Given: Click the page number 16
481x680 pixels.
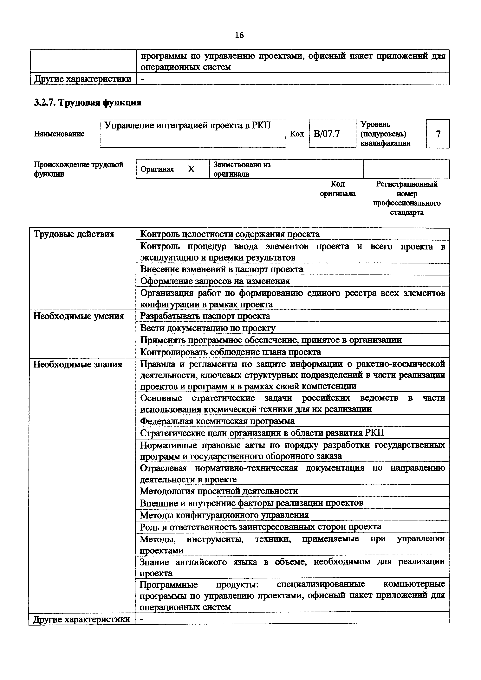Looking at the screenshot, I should pyautogui.click(x=239, y=35).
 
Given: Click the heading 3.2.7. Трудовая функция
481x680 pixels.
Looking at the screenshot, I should pyautogui.click(x=88, y=103).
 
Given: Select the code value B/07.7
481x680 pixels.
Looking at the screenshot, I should pyautogui.click(x=327, y=134).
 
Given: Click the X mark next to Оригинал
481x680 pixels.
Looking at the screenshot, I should pyautogui.click(x=192, y=169).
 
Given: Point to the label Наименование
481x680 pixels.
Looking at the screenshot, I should pyautogui.click(x=59, y=134).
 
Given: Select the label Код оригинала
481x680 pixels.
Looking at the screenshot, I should pyautogui.click(x=338, y=189).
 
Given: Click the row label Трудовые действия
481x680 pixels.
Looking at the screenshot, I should pyautogui.click(x=74, y=234).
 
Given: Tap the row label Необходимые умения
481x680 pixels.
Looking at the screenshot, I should pyautogui.click(x=79, y=316).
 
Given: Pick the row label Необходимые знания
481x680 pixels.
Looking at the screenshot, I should pyautogui.click(x=78, y=364).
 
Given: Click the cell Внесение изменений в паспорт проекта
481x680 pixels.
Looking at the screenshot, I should pyautogui.click(x=222, y=269).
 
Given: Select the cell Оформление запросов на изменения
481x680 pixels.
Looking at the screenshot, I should pyautogui.click(x=215, y=281).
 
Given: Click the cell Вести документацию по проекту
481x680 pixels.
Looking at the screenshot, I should pyautogui.click(x=208, y=328).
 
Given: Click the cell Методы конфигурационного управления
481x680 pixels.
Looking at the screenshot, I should pyautogui.click(x=224, y=515).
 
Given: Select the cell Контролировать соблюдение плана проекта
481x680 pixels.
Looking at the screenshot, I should pyautogui.click(x=231, y=352).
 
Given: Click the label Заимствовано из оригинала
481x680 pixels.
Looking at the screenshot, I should pyautogui.click(x=242, y=169).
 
